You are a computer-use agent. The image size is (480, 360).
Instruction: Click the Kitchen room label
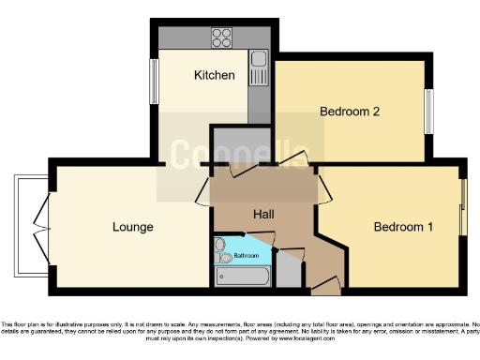tap(214, 75)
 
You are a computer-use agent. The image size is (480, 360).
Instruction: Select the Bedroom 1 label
tap(403, 227)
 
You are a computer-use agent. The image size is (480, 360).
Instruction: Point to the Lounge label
tap(132, 227)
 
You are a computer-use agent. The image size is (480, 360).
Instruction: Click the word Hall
tap(263, 214)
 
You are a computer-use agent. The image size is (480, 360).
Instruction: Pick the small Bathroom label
tap(247, 255)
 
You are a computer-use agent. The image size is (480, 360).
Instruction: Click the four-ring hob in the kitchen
tap(222, 38)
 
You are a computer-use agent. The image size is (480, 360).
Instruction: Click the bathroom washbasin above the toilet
tap(220, 244)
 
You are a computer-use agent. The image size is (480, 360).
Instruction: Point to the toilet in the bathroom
tap(222, 257)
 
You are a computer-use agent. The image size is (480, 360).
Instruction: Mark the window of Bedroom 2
tap(429, 112)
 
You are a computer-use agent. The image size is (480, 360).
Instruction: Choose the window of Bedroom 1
tap(461, 207)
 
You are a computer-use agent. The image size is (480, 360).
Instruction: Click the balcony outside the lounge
tap(31, 226)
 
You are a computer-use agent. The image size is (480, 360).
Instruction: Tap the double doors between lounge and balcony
tap(43, 226)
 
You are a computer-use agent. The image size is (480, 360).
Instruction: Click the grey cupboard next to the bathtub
tap(290, 273)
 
